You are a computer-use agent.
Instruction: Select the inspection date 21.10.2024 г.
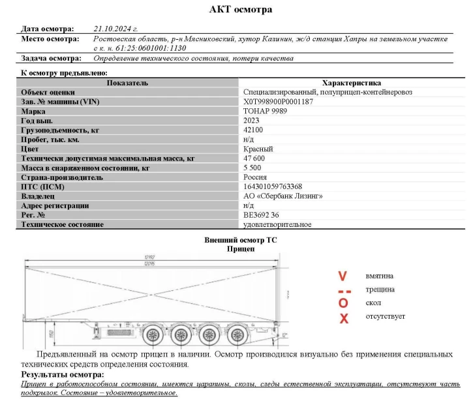coord(115,29)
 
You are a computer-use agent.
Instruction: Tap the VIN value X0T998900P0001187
coord(278,102)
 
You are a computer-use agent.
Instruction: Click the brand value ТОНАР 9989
coord(265,111)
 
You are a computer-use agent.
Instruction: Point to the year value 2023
coord(251,121)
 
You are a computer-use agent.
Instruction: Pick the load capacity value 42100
coord(252,130)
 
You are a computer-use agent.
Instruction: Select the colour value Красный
coord(258,149)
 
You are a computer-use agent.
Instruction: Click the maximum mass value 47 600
coord(254,158)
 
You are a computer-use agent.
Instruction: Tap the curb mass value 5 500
coord(252,168)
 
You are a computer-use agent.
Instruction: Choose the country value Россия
coord(254,177)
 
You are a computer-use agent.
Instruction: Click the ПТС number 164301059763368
coord(272,186)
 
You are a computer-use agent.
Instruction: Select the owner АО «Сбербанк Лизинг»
coord(279,196)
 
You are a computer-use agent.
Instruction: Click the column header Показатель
coord(128,83)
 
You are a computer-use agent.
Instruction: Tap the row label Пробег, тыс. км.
coord(50,140)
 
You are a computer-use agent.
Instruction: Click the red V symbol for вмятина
coord(343,276)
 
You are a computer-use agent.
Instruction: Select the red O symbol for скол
coord(344,303)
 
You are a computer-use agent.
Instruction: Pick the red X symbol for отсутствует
coord(344,318)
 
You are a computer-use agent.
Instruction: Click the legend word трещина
coord(380,290)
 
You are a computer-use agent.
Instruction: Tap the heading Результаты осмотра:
coord(62,375)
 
